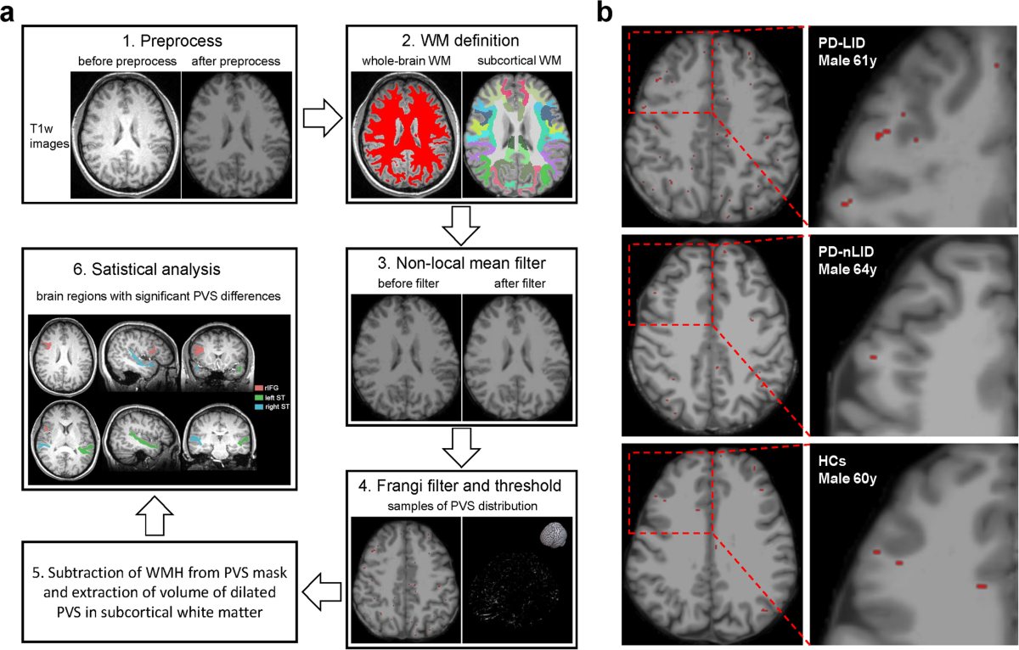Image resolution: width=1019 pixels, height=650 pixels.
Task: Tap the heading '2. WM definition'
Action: pyautogui.click(x=460, y=39)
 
